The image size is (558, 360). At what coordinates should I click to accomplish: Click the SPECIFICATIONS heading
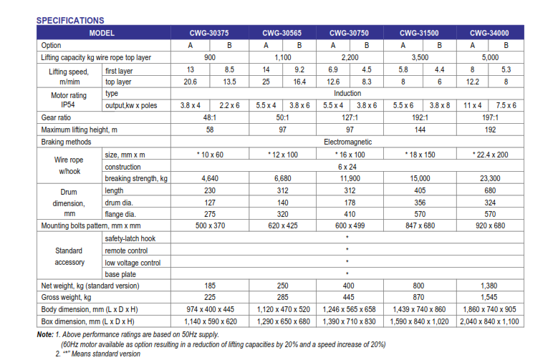pyautogui.click(x=70, y=20)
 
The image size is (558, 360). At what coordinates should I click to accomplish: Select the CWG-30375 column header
pyautogui.click(x=209, y=33)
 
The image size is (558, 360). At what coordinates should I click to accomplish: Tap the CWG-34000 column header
pyautogui.click(x=489, y=33)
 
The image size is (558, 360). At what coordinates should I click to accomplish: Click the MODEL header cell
pyautogui.click(x=102, y=33)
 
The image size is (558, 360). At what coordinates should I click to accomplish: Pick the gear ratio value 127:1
pyautogui.click(x=350, y=117)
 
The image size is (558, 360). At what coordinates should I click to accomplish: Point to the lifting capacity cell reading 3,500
pyautogui.click(x=420, y=57)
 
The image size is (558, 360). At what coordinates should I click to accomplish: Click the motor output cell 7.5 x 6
pyautogui.click(x=506, y=105)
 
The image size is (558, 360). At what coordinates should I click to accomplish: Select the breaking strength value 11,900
pyautogui.click(x=350, y=178)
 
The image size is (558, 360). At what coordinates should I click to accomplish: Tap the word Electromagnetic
pyautogui.click(x=347, y=142)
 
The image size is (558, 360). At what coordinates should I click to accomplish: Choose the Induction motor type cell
pyautogui.click(x=347, y=93)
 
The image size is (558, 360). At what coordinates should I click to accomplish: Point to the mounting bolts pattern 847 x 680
pyautogui.click(x=420, y=225)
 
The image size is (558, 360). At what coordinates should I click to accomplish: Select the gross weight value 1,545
pyautogui.click(x=490, y=297)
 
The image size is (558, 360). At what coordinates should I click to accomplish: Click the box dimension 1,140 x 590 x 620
pyautogui.click(x=211, y=321)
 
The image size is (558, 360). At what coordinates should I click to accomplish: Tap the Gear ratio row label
pyautogui.click(x=56, y=117)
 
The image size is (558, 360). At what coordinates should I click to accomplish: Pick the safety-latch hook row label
pyautogui.click(x=130, y=238)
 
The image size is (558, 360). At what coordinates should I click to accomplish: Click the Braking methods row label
pyautogui.click(x=66, y=142)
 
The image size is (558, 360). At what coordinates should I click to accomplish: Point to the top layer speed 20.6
pyautogui.click(x=191, y=82)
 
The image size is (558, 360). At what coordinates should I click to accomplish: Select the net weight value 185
pyautogui.click(x=210, y=286)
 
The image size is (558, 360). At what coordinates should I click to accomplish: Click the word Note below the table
pyautogui.click(x=45, y=334)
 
